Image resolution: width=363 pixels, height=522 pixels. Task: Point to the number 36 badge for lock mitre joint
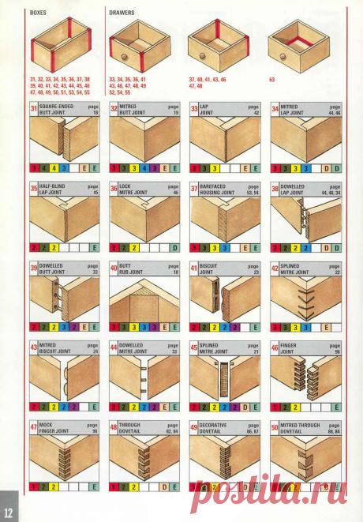click(x=114, y=189)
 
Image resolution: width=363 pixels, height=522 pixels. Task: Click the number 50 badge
click(x=275, y=426)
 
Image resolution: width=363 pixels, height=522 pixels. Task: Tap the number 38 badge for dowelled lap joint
click(x=275, y=189)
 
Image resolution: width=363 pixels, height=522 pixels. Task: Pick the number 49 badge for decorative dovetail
click(x=194, y=426)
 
